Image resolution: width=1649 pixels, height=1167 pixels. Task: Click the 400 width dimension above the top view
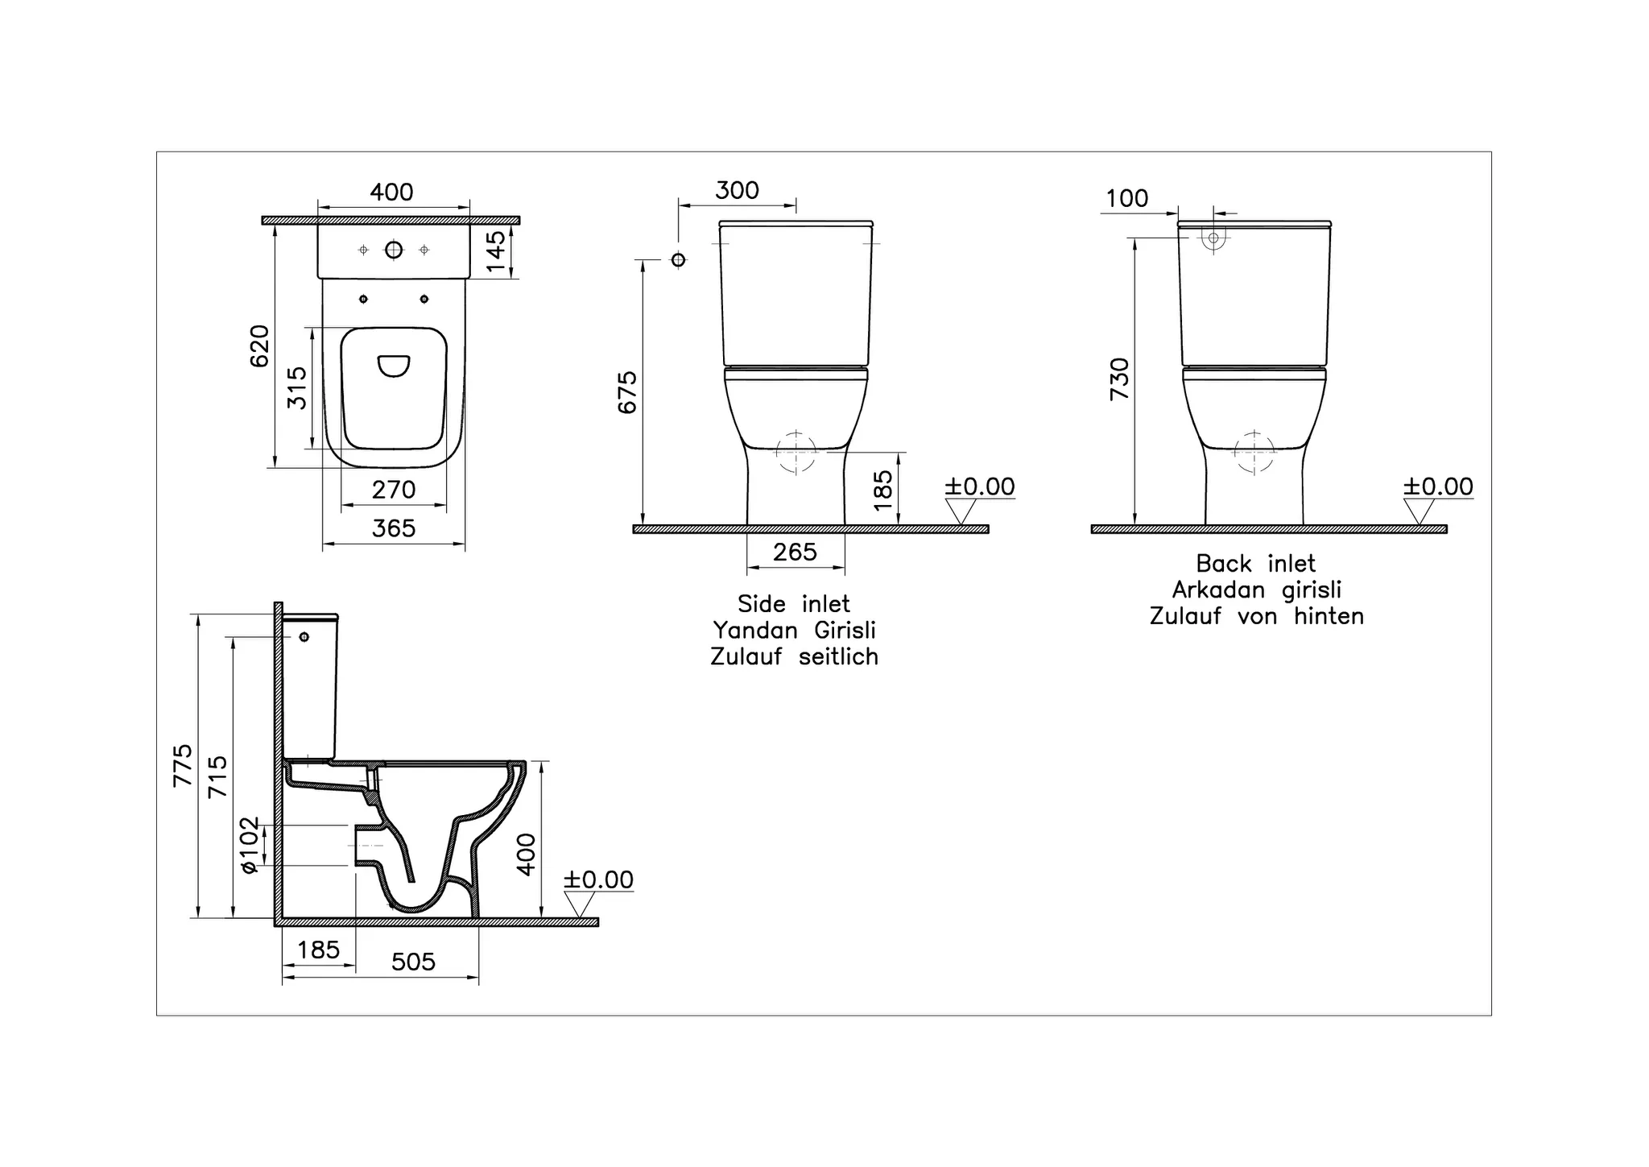pos(391,192)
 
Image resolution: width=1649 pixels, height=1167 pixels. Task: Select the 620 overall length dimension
pos(259,346)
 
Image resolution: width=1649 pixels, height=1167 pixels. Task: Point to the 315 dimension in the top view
pos(297,387)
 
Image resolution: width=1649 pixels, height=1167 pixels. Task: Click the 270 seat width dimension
pos(394,490)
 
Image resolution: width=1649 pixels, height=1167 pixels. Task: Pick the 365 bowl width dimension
pos(394,528)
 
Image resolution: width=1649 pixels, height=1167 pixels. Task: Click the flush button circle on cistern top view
pos(394,250)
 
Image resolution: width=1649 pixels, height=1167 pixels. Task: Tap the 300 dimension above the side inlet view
pos(737,191)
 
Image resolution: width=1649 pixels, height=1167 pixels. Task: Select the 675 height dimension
pos(627,392)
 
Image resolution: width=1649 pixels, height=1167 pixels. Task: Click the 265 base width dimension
pos(795,552)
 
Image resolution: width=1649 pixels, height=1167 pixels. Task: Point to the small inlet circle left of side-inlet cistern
pos(679,259)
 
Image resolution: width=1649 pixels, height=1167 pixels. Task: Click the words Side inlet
pos(794,604)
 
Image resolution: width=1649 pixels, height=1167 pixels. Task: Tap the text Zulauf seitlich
pos(794,657)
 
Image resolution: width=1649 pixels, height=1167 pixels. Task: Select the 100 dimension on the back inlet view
pos(1126,199)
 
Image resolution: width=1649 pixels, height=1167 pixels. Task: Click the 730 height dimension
pos(1120,379)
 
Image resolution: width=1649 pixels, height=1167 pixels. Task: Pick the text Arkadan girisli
pos(1256,590)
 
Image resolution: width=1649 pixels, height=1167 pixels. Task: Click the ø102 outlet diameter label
pos(250,845)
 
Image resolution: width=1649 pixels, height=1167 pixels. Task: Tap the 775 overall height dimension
pos(184,765)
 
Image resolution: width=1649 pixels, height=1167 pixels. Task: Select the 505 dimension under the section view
pos(413,962)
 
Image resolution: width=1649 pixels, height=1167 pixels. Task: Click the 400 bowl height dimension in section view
pos(526,855)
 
